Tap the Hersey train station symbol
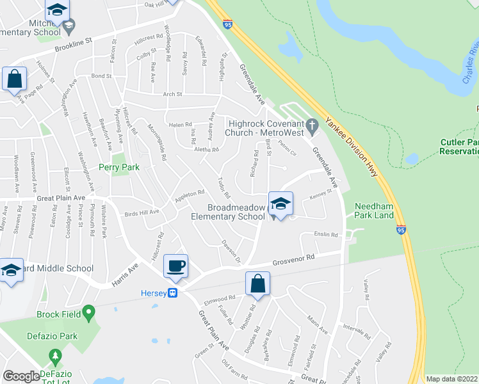(x=172, y=293)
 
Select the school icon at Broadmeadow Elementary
(x=280, y=204)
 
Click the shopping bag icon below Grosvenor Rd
(x=257, y=284)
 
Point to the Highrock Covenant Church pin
(x=312, y=124)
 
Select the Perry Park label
(x=118, y=168)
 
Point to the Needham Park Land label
(x=375, y=211)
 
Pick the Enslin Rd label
(x=326, y=235)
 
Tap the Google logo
(x=21, y=376)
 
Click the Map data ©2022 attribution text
(x=451, y=379)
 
